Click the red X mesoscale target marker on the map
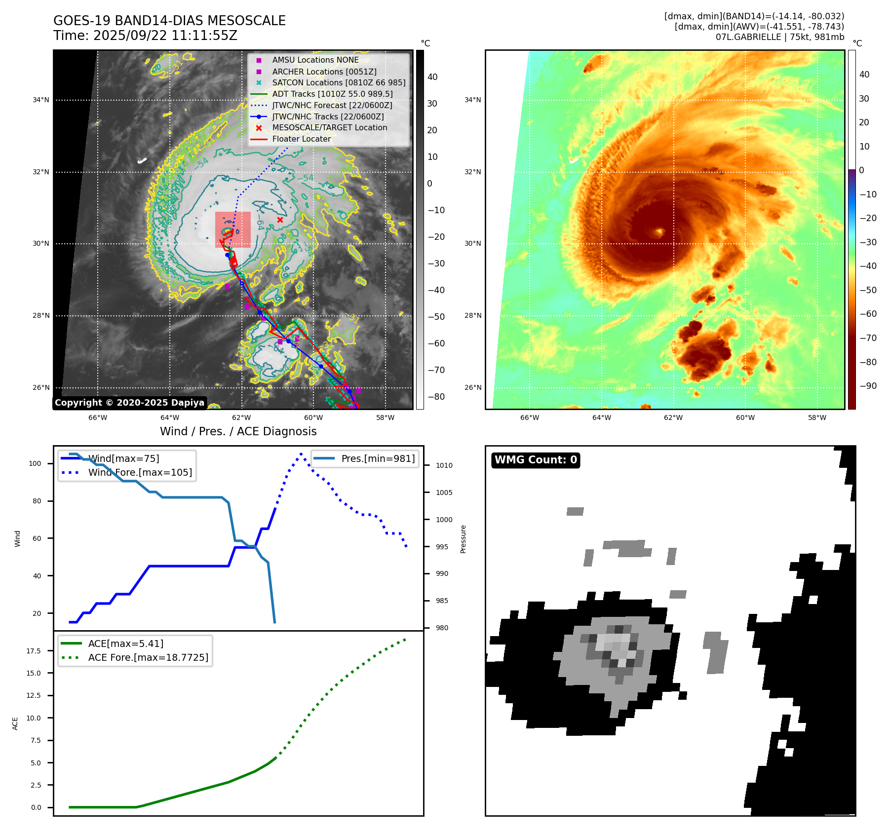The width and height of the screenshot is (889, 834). [x=280, y=220]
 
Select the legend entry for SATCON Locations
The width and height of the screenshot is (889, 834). [x=339, y=83]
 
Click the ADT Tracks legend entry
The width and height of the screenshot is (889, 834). [x=332, y=94]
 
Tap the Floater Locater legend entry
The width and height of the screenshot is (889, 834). [x=301, y=139]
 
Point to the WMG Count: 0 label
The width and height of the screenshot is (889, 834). [x=536, y=460]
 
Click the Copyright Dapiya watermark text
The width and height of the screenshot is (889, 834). [x=129, y=403]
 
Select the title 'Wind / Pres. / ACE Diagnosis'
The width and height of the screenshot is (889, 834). [x=238, y=431]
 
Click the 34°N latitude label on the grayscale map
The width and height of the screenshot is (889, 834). [x=41, y=100]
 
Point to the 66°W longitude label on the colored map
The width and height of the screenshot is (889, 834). [x=530, y=418]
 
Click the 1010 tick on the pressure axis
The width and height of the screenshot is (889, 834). [x=444, y=465]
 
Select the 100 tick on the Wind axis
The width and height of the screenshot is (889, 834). [x=35, y=463]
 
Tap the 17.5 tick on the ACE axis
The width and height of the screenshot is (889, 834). [x=34, y=651]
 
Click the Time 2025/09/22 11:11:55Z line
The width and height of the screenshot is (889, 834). [x=145, y=36]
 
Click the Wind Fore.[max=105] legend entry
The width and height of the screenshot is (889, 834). [x=140, y=473]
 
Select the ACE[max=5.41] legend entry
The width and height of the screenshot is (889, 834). [x=125, y=644]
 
